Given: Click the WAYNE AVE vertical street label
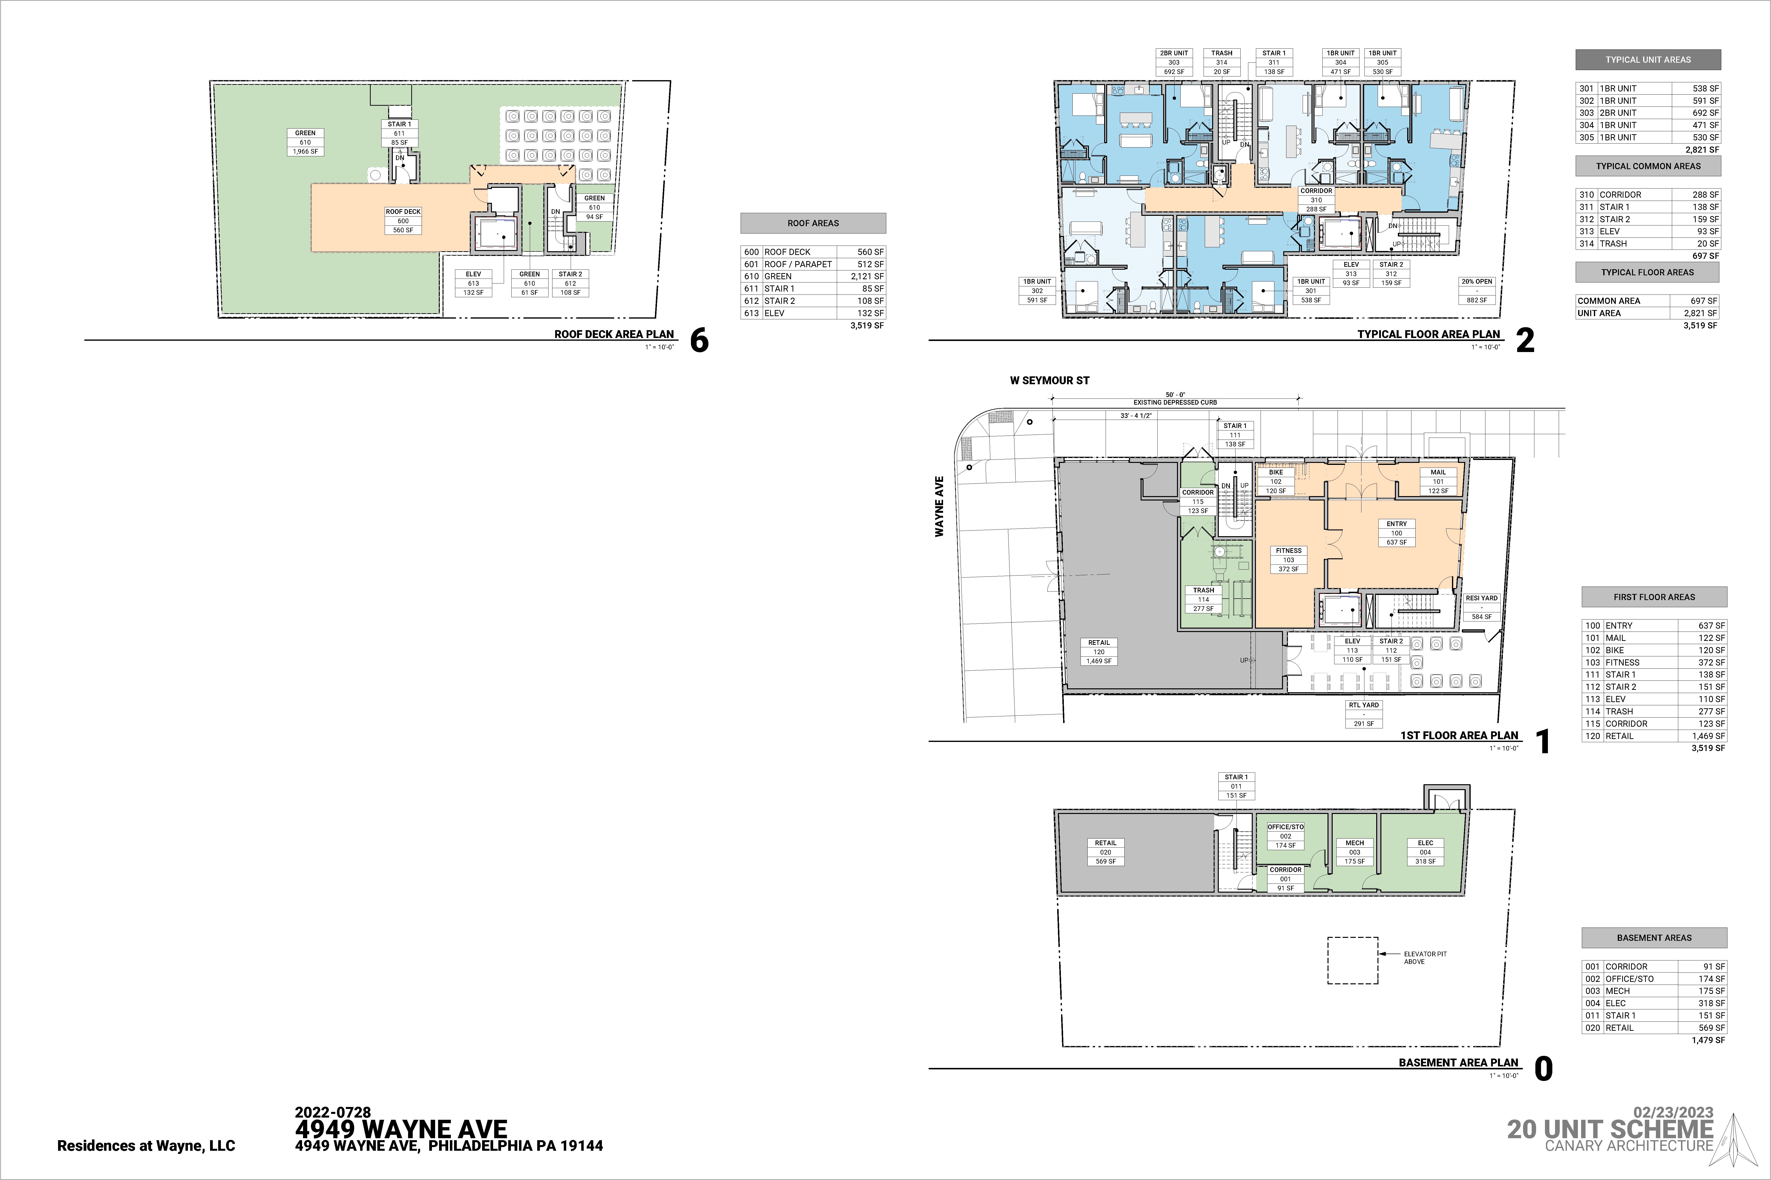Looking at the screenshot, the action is coord(939,506).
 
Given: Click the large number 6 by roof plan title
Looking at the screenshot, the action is coord(700,341).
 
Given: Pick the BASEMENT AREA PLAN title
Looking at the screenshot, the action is coord(1459,1062).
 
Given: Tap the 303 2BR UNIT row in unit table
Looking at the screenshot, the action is coord(1648,113).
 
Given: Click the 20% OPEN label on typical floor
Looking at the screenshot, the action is coord(1477,281).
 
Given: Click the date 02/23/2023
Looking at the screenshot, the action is coord(1673,1112).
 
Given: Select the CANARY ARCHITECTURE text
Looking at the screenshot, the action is coord(1629,1145).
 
